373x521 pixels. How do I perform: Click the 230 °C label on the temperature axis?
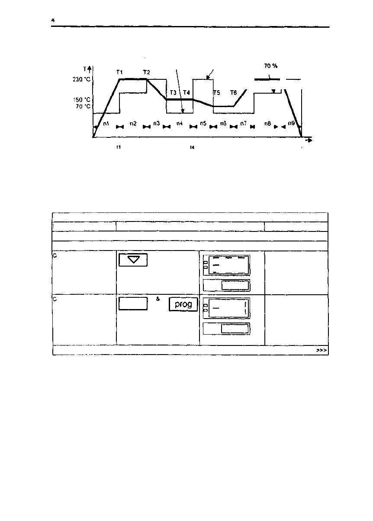pyautogui.click(x=82, y=79)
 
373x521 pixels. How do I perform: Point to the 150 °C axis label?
pyautogui.click(x=82, y=100)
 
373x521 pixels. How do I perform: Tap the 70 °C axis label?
pyautogui.click(x=82, y=106)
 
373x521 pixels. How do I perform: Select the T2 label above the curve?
pyautogui.click(x=147, y=72)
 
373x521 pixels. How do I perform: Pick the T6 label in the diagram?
pyautogui.click(x=233, y=93)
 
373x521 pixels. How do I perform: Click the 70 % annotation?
pyautogui.click(x=270, y=66)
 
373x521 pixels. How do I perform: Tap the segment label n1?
pyautogui.click(x=106, y=124)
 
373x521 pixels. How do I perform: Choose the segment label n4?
pyautogui.click(x=179, y=124)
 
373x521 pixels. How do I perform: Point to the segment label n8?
pyautogui.click(x=268, y=124)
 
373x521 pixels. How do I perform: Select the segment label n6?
pyautogui.click(x=223, y=124)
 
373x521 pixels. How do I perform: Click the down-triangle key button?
pyautogui.click(x=132, y=260)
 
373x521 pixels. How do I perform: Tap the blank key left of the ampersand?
pyautogui.click(x=133, y=304)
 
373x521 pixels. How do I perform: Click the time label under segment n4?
pyautogui.click(x=192, y=147)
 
